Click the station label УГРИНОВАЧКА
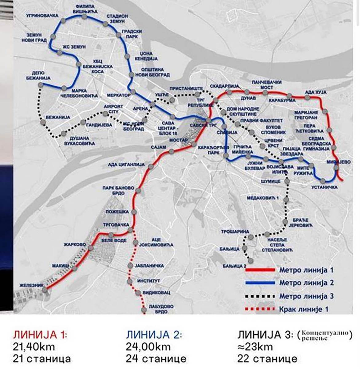coord(37,15)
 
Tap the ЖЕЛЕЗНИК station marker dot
coord(45,290)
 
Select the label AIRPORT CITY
coord(109,109)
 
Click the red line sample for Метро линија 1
coord(260,270)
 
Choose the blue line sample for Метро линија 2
coord(260,283)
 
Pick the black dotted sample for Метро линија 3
coord(260,296)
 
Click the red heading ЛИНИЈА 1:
coord(40,335)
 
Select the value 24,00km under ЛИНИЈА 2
coord(148,347)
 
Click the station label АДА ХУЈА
coord(315,92)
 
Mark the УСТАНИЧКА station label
coord(324,187)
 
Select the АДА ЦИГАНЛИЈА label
coord(126,165)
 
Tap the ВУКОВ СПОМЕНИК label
coord(271,129)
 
